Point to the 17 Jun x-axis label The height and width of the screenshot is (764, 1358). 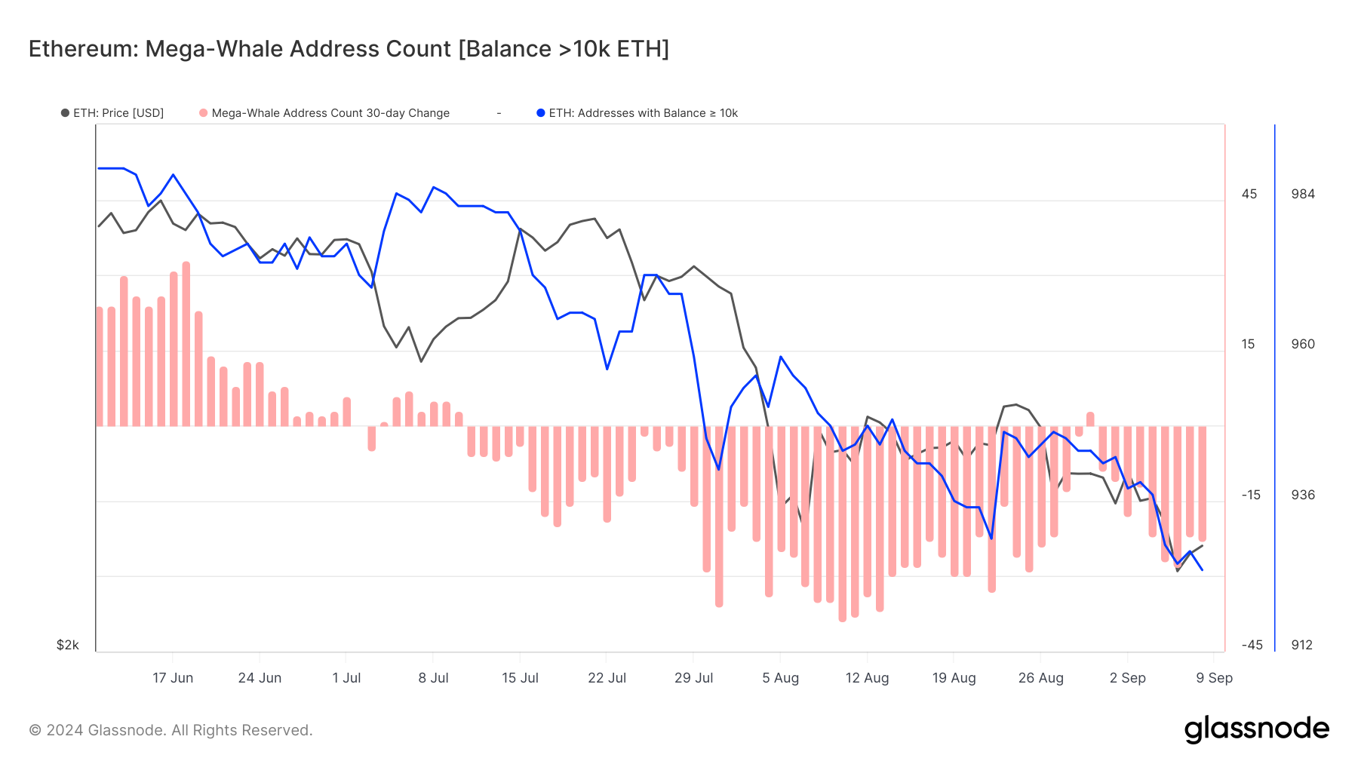tap(173, 678)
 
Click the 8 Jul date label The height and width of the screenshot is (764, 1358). tap(433, 678)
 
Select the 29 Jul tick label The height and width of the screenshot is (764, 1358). tap(693, 678)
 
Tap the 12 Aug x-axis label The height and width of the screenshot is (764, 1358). tap(867, 678)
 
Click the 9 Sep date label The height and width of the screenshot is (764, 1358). tap(1214, 678)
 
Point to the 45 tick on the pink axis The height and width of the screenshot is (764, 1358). tap(1249, 194)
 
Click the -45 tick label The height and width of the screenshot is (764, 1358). tap(1252, 645)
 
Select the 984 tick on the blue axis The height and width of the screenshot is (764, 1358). tap(1303, 194)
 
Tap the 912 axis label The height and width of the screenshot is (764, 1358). tap(1301, 645)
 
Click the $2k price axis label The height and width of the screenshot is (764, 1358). tap(67, 645)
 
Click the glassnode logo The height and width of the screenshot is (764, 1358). tap(1256, 729)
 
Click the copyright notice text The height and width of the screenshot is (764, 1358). tap(171, 730)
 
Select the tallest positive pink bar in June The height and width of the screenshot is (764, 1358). tap(186, 344)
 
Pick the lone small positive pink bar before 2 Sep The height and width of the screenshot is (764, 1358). tap(1090, 419)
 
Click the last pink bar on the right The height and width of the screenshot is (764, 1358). tap(1202, 483)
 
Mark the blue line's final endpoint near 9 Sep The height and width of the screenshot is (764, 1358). tap(1202, 570)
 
